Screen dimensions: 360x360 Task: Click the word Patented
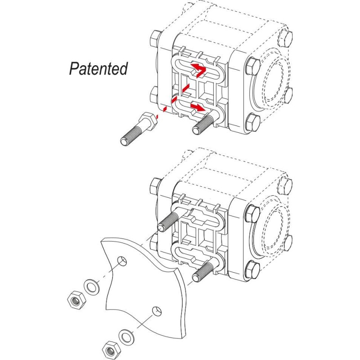pos(99,68)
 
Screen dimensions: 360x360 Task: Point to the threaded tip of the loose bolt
pos(124,140)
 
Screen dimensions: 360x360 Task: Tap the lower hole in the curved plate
pos(156,310)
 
